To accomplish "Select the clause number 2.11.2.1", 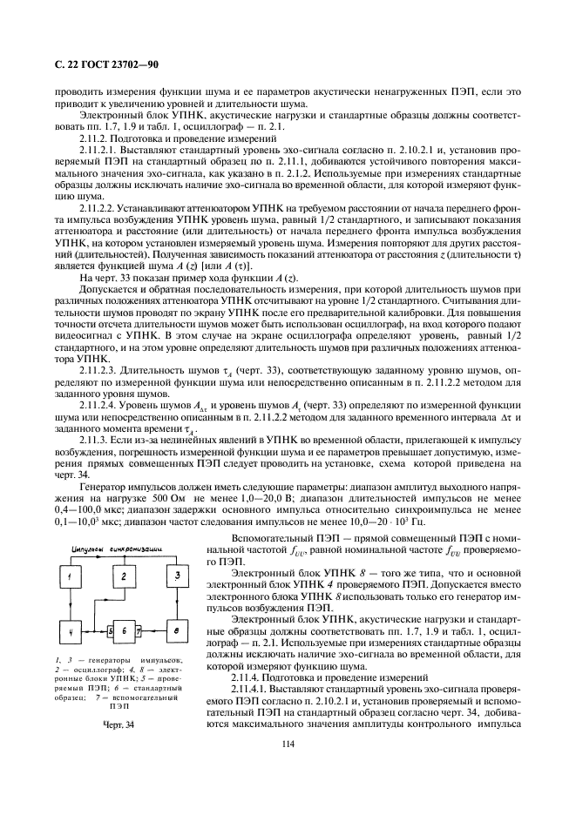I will point(98,151).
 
